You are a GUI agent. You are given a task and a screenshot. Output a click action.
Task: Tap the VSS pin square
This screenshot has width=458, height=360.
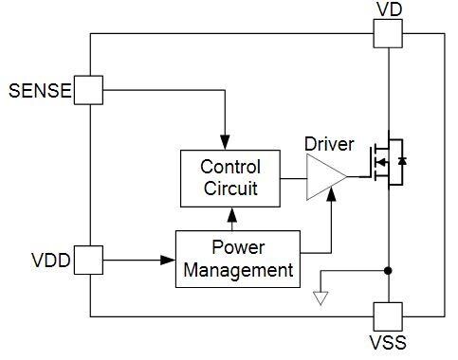[387, 316]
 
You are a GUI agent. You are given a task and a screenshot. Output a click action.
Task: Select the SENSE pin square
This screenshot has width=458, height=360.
[89, 91]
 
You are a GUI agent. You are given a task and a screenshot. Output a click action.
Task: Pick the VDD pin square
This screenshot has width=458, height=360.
[89, 258]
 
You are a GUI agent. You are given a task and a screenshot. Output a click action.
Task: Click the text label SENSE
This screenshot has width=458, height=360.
[40, 92]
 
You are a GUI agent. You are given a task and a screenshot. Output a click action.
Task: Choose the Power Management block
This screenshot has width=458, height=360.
[237, 258]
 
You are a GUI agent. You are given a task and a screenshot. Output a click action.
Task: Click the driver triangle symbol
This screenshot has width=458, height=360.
[323, 177]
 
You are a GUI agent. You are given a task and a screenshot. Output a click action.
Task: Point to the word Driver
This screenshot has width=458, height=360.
[329, 145]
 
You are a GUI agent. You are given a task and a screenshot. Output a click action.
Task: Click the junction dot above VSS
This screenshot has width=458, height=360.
[387, 271]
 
